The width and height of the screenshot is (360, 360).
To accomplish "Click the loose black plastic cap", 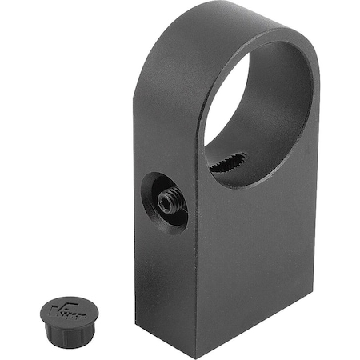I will [x=65, y=319].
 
